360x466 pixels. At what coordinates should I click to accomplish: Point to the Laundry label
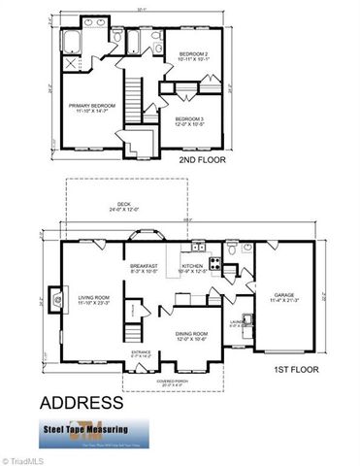click(233, 324)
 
